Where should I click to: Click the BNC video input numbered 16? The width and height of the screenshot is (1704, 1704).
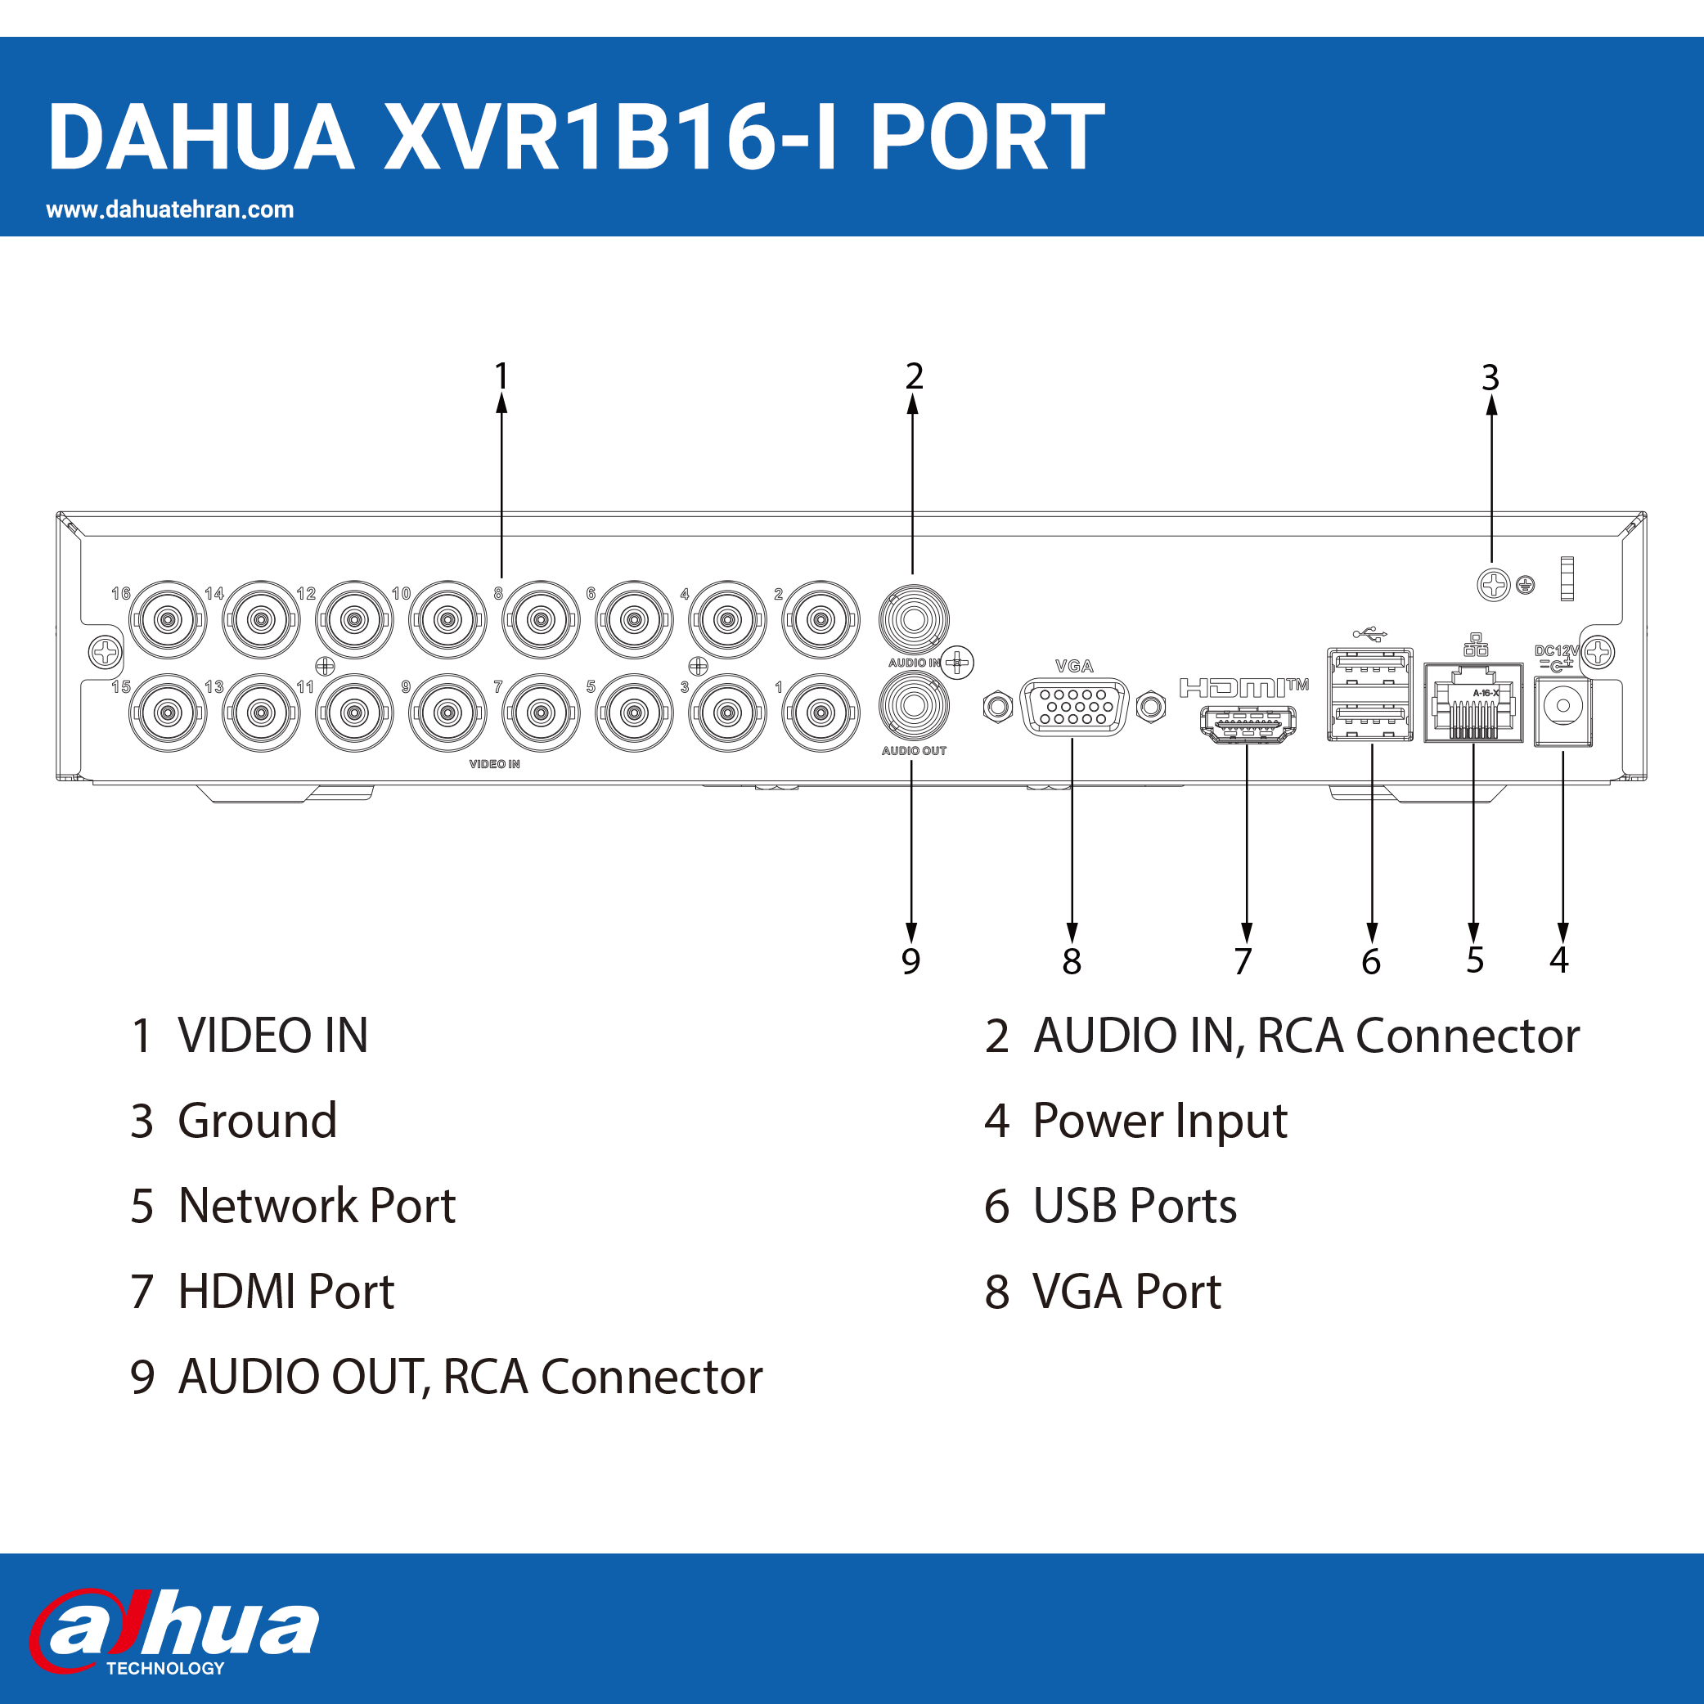coord(168,619)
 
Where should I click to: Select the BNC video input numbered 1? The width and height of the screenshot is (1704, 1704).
coord(821,713)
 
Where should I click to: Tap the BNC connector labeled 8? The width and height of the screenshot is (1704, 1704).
coord(541,619)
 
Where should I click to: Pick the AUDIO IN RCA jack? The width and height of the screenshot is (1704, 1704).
coord(914,619)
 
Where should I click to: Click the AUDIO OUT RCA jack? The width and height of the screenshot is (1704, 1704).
coord(914,706)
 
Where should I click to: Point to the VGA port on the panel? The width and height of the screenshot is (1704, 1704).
coord(1074,707)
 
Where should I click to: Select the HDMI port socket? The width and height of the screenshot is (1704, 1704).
coord(1248,725)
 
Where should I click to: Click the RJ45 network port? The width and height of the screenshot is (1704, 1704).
coord(1473,703)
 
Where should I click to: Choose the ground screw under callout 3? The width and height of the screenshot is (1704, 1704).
coord(1493,585)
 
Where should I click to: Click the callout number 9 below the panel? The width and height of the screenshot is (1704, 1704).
coord(911,961)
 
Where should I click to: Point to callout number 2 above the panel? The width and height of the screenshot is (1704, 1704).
coord(914,376)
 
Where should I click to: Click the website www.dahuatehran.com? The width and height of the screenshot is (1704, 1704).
coord(170,210)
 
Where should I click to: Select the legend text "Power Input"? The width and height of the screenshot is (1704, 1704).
coord(1160,1121)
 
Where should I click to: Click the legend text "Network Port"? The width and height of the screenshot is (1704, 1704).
coord(317,1206)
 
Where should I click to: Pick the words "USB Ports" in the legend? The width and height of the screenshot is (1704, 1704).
coord(1135,1206)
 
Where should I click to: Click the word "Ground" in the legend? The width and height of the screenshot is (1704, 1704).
coord(258,1121)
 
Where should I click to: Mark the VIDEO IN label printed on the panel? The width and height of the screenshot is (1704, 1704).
coord(494,764)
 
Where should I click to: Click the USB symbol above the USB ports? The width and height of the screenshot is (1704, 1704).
coord(1369,633)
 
